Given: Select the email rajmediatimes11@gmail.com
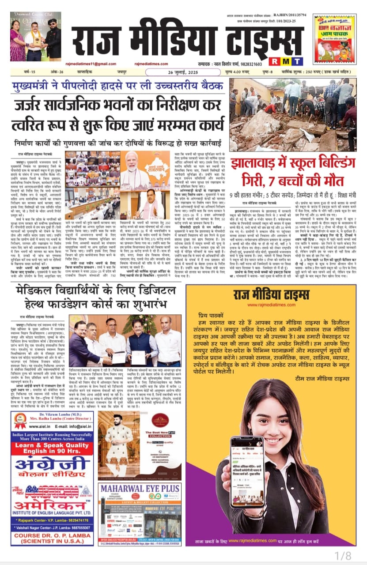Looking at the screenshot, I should [x=89, y=64].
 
